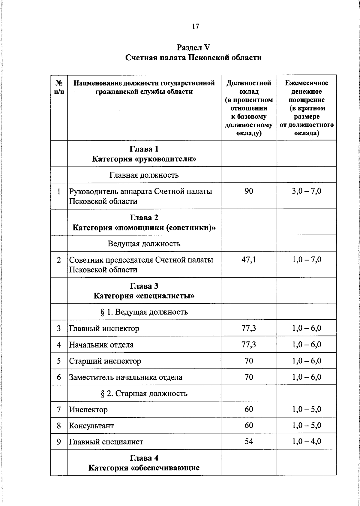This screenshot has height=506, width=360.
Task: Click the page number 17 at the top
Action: (195, 27)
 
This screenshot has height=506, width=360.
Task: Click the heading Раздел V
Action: (193, 47)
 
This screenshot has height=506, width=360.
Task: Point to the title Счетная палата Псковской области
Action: (193, 58)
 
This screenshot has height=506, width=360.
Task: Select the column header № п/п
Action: (59, 87)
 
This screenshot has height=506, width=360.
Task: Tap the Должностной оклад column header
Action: (249, 108)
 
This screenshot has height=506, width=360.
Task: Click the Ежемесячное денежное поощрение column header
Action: (306, 108)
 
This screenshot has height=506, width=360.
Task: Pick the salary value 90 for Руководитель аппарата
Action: (249, 191)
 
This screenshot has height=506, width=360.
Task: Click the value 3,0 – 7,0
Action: (307, 191)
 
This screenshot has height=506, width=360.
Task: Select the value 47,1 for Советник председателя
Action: (249, 260)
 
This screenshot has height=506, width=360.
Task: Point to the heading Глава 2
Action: (144, 218)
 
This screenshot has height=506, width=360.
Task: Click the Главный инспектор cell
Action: (104, 329)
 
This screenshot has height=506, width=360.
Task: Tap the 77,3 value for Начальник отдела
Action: (249, 345)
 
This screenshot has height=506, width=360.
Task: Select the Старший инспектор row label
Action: (105, 361)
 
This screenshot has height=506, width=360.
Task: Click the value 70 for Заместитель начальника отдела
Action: (249, 377)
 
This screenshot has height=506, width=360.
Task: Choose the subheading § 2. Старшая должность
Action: (144, 393)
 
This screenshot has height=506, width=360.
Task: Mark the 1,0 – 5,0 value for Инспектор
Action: (307, 409)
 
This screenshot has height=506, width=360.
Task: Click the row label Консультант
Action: (91, 426)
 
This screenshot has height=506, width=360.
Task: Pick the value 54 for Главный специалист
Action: (249, 441)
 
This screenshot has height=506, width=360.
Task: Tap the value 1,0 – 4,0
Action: (307, 441)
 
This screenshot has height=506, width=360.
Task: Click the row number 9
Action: (59, 442)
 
